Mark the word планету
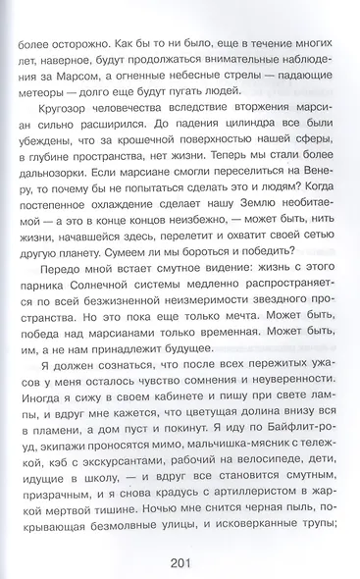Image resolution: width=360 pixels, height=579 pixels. pyautogui.click(x=65, y=297)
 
